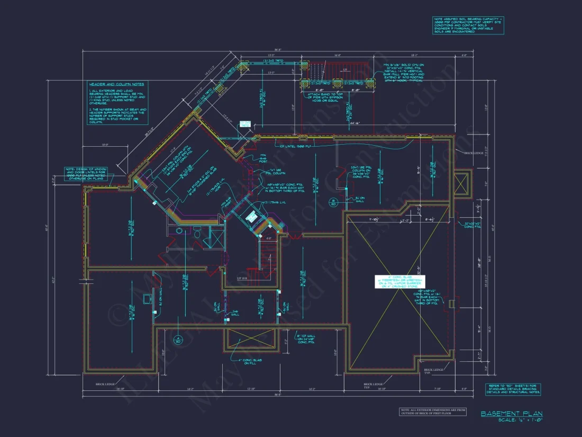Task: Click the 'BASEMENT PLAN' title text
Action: [x=511, y=413]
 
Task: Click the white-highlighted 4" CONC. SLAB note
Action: [x=400, y=282]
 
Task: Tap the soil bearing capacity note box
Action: [x=468, y=25]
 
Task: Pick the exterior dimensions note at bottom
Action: [x=432, y=412]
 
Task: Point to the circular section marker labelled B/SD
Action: [x=333, y=202]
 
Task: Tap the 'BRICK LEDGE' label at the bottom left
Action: [x=106, y=384]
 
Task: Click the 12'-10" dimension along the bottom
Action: [x=249, y=389]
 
